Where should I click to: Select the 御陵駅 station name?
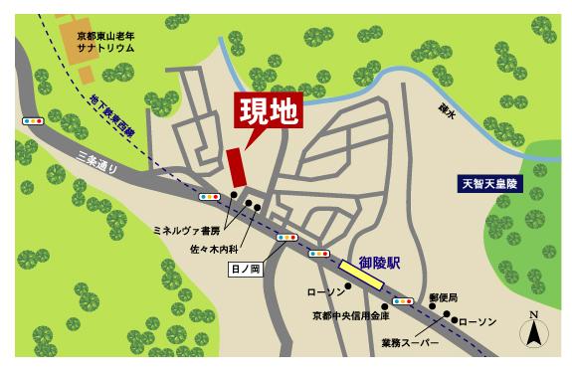[379, 263]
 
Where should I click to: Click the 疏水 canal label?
[448, 111]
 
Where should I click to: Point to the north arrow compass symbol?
[534, 329]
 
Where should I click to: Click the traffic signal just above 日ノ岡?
[287, 238]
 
